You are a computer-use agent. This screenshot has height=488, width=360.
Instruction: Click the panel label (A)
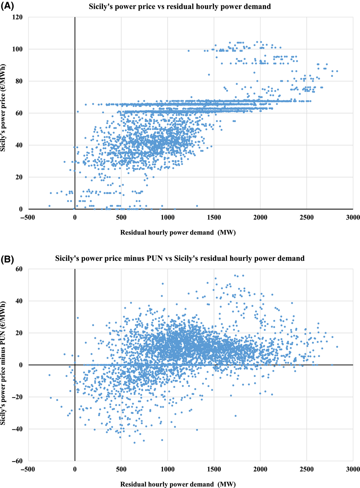(7, 6)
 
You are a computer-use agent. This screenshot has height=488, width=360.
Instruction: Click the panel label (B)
(7, 259)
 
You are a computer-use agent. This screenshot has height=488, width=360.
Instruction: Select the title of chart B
(180, 259)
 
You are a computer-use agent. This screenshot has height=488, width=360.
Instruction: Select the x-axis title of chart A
(178, 232)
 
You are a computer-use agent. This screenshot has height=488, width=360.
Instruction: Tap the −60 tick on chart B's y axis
(17, 461)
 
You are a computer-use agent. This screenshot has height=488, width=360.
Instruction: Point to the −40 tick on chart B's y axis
(17, 429)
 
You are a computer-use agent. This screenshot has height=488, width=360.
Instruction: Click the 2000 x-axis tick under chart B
(260, 469)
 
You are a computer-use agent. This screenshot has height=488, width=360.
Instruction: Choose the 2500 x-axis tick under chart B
(307, 469)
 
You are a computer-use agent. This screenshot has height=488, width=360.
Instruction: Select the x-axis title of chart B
(178, 484)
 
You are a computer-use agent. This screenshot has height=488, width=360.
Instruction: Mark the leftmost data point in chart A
(49, 206)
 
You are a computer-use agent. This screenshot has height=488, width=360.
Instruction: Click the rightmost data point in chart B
(337, 347)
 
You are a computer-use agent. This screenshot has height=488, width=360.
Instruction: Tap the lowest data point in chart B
(134, 443)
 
